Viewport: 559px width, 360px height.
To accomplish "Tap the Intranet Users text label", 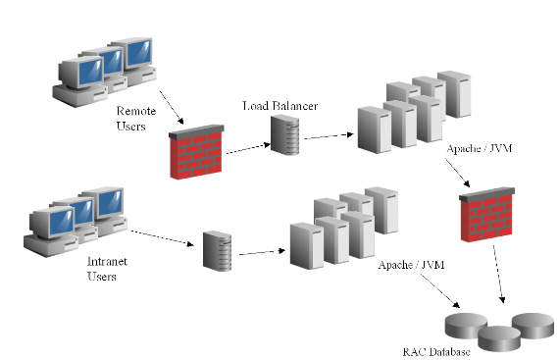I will (x=101, y=269).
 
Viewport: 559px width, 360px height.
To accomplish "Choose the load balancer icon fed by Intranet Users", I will (x=217, y=249).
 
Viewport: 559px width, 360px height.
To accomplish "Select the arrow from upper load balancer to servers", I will (x=329, y=134).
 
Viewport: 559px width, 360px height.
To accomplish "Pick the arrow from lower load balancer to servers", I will (x=259, y=252).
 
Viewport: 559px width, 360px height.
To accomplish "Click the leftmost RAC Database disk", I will (x=466, y=325).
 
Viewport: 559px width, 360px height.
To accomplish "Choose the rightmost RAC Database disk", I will (x=533, y=323).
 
